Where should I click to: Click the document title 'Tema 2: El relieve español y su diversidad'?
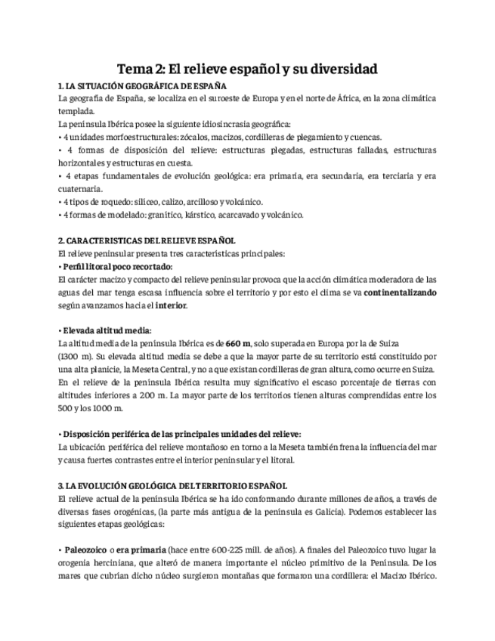pos(247,69)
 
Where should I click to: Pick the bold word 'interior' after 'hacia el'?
pos(170,305)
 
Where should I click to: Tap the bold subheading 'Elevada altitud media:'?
pos(106,330)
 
